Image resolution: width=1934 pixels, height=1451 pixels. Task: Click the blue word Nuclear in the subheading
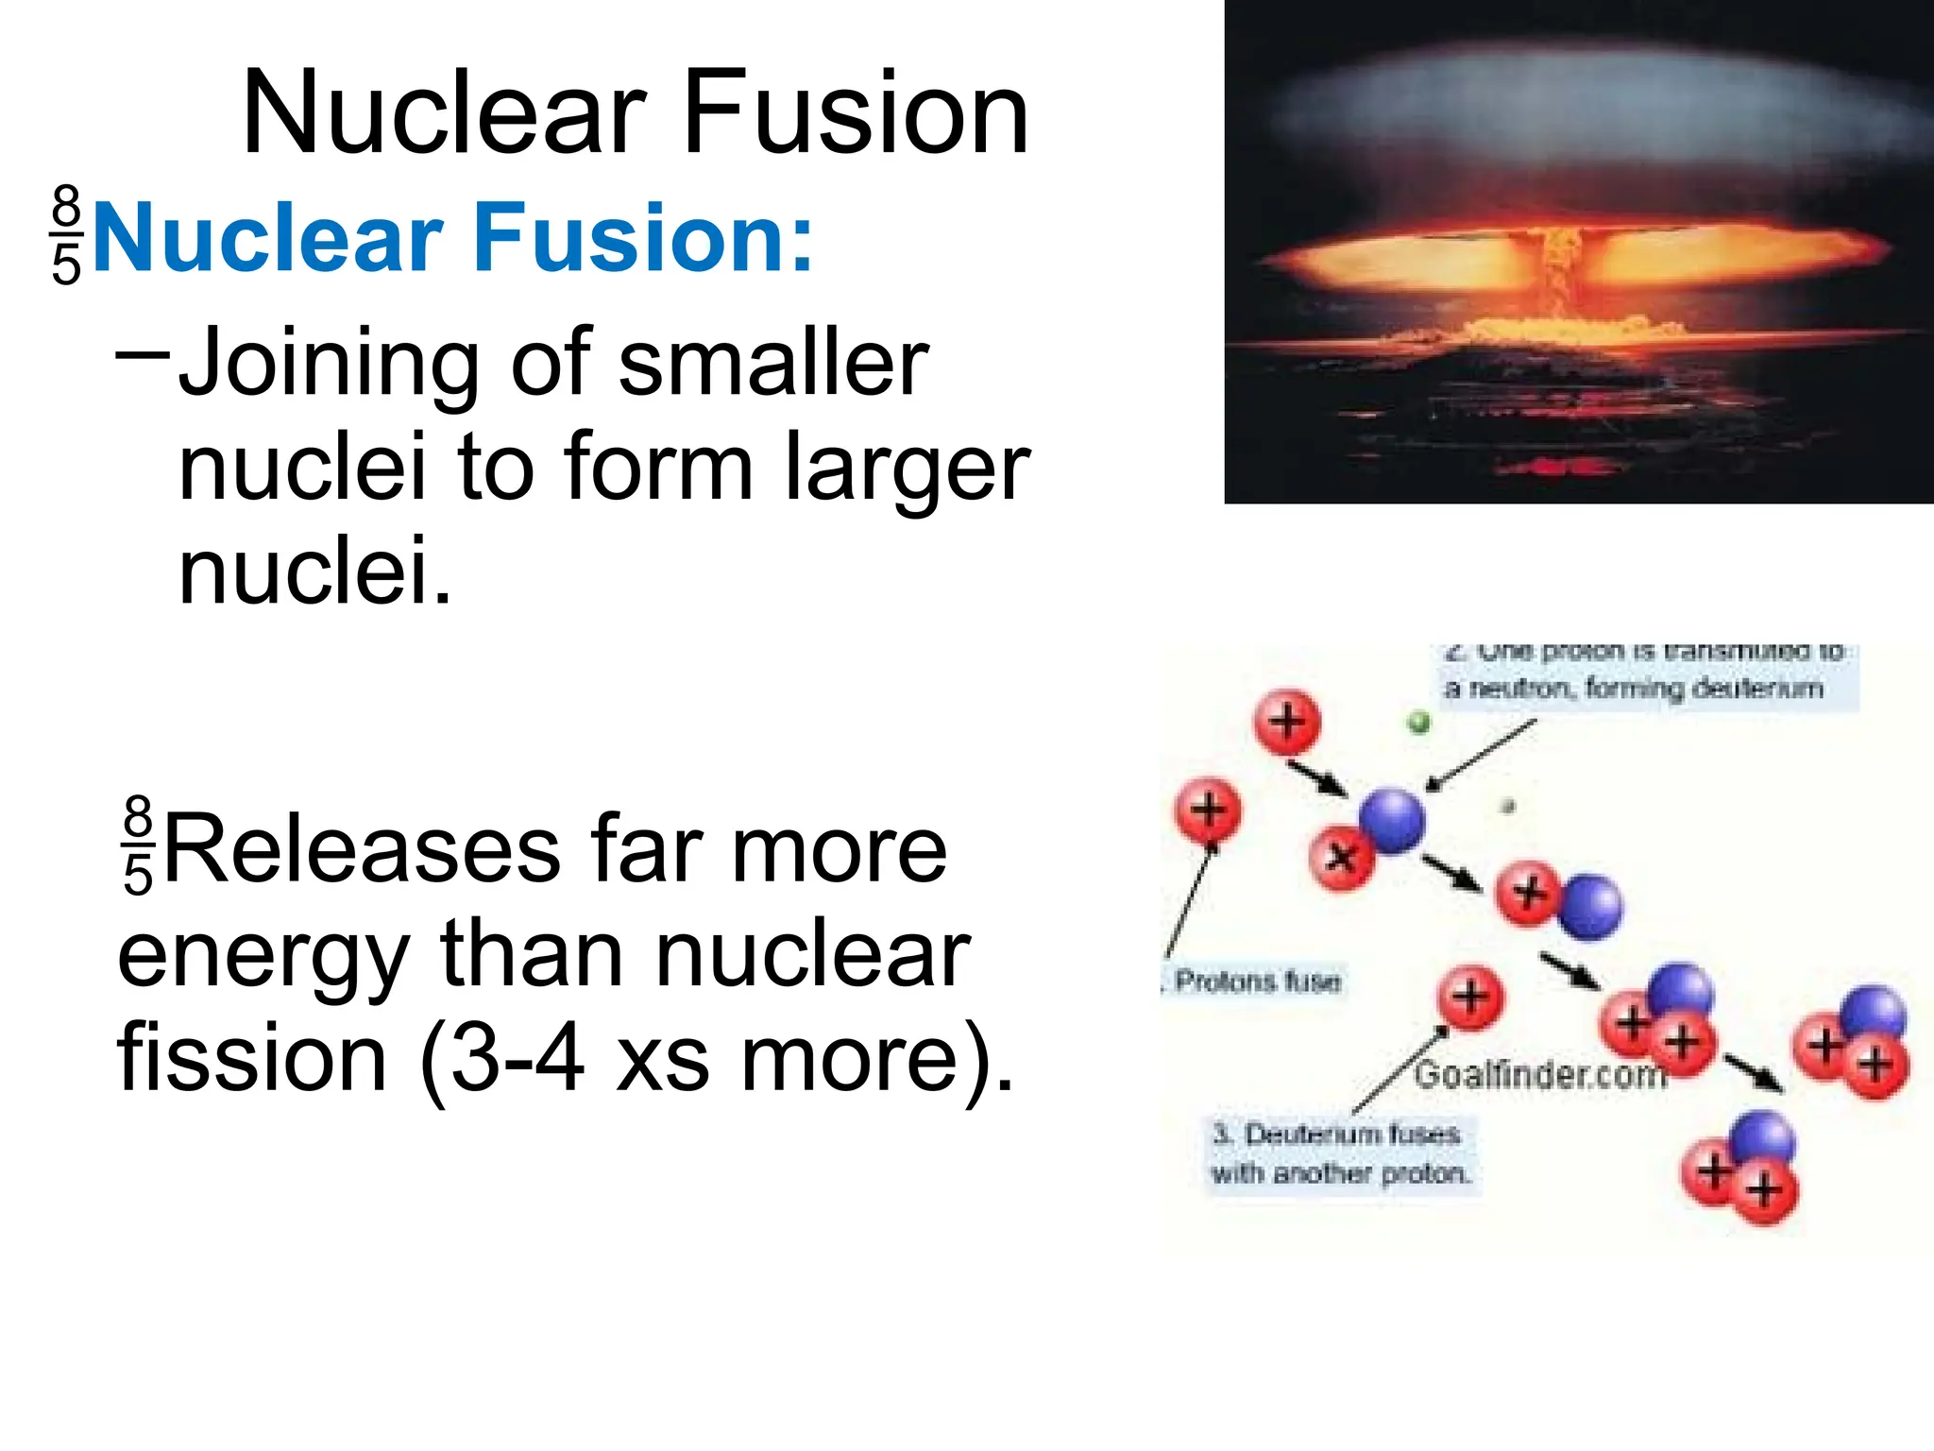point(268,238)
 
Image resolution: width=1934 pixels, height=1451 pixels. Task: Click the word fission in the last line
point(251,1058)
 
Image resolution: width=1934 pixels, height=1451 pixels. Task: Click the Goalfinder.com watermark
point(1539,1075)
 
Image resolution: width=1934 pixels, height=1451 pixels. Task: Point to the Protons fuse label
point(1256,982)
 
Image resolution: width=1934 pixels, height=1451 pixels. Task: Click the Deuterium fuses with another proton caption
point(1341,1153)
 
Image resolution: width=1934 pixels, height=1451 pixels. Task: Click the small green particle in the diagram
point(1418,724)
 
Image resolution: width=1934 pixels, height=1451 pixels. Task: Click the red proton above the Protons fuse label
point(1208,811)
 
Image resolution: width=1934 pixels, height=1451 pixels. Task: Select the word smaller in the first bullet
point(774,364)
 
